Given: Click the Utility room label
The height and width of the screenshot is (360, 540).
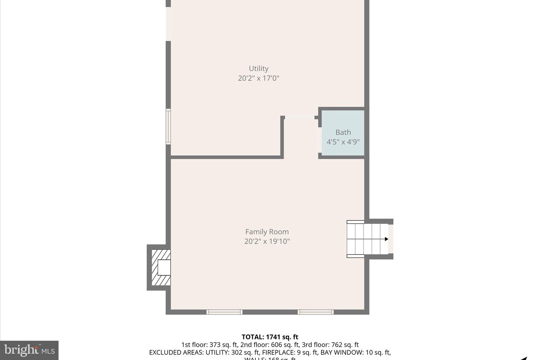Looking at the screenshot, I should tap(258, 69).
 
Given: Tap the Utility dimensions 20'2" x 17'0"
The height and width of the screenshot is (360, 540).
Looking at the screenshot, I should tap(258, 78).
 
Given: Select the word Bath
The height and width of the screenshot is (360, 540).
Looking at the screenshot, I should tap(343, 132).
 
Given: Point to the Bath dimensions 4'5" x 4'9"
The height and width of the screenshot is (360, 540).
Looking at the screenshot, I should tap(343, 142).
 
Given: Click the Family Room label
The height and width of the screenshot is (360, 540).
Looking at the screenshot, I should tap(267, 232).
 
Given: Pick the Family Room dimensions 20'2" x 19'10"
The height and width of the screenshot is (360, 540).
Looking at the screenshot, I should tap(267, 241).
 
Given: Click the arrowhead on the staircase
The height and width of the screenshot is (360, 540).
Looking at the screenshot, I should tap(386, 239).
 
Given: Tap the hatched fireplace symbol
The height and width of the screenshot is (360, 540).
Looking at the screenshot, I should tap(160, 268).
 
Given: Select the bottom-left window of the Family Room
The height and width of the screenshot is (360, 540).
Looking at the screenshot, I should tap(224, 312).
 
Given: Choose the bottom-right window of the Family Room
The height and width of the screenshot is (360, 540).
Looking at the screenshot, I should tap(316, 312).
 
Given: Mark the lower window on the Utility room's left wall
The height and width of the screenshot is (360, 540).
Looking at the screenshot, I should tap(168, 127).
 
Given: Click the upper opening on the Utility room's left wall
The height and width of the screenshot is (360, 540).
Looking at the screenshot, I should tap(168, 24).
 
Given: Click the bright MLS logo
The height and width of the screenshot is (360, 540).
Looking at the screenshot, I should tap(29, 350).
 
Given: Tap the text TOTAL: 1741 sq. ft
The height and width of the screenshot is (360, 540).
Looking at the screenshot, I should tap(270, 337).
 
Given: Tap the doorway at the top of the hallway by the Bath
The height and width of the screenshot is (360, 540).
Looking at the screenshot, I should tap(300, 117).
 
